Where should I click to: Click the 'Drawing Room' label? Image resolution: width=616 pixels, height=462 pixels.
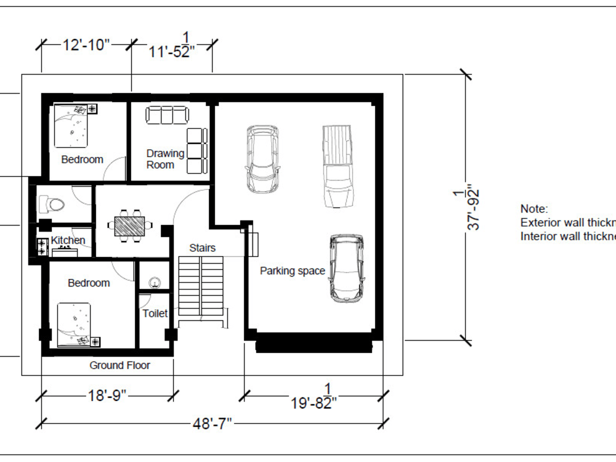(x=165, y=159)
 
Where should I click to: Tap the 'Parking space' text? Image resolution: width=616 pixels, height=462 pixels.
(x=292, y=270)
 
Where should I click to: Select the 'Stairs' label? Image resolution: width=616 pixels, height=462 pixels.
(x=202, y=248)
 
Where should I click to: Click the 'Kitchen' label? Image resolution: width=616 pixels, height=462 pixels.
(x=68, y=240)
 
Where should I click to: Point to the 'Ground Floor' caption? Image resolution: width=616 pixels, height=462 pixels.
(x=120, y=365)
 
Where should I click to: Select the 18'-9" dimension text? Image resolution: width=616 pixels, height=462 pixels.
(x=107, y=395)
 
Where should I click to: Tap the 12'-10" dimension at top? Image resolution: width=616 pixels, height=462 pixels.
(x=86, y=45)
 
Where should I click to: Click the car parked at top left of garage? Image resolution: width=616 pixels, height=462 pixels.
(x=262, y=159)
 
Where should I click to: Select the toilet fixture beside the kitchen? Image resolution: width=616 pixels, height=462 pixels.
(x=51, y=204)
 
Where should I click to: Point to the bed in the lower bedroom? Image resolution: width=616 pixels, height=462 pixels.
(x=76, y=324)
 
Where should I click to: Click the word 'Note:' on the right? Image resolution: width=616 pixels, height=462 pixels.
(x=533, y=209)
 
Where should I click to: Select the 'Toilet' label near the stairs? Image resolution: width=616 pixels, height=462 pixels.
(x=155, y=314)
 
